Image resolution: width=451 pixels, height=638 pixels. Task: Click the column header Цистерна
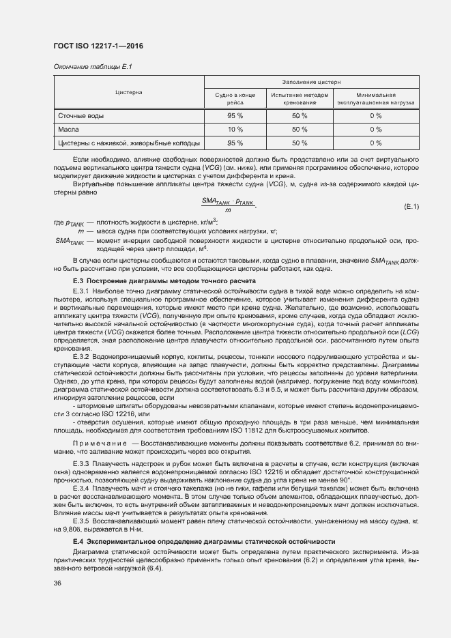[x=128, y=91]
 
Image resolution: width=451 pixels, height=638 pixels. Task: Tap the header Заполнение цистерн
[x=311, y=81]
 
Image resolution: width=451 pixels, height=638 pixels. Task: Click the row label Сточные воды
[x=81, y=115]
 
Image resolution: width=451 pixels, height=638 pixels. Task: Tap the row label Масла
[x=69, y=129]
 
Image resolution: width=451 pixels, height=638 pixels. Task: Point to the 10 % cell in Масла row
[x=235, y=129]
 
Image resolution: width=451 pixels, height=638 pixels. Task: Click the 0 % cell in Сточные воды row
[x=376, y=115]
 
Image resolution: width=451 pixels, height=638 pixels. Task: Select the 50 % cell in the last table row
[x=300, y=143]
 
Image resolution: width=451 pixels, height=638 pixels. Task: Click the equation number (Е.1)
[x=411, y=205]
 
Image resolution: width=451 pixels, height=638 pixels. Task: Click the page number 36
[x=57, y=583]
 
